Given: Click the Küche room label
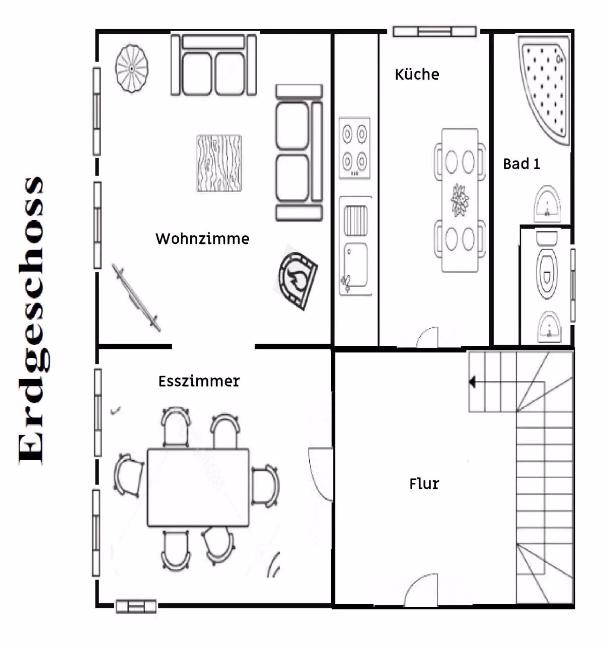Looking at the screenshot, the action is tap(417, 75).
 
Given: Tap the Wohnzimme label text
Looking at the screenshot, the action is tap(202, 239).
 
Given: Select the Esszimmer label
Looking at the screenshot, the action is tap(199, 381).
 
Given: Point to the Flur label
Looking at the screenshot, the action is tap(424, 484).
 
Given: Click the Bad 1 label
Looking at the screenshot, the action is tap(521, 164).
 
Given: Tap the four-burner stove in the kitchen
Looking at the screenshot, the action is tap(354, 148).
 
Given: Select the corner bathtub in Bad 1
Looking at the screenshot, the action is tap(544, 91).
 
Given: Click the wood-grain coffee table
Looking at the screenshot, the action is tap(219, 163).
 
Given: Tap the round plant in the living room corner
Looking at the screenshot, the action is tap(132, 69).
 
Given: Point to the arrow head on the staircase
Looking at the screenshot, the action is tap(472, 382).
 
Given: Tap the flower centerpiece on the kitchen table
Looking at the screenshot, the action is tap(460, 200).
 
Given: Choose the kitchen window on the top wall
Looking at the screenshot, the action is tap(434, 32).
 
